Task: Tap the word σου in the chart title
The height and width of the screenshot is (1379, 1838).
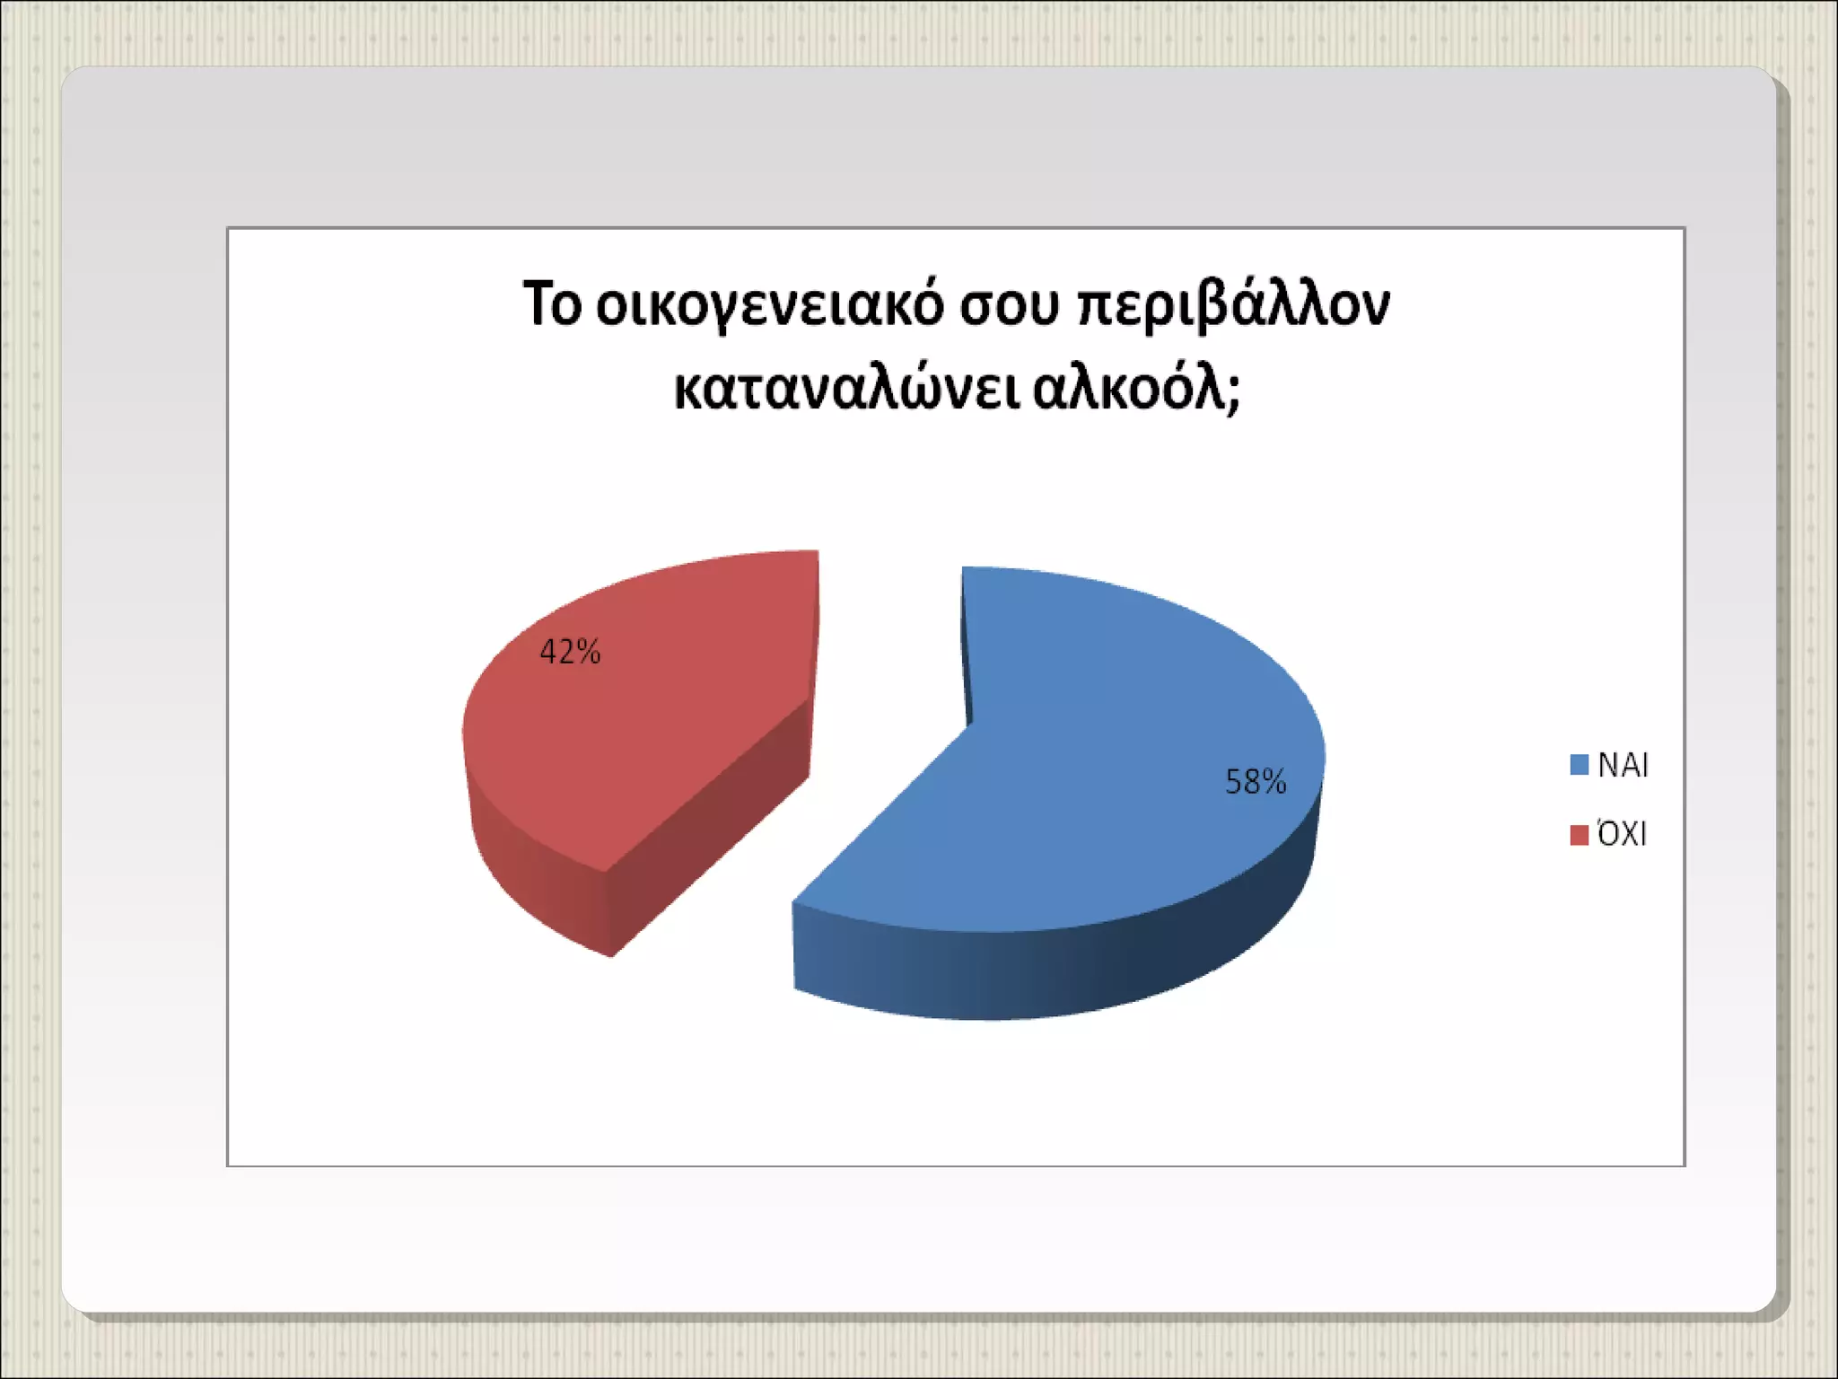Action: (1011, 307)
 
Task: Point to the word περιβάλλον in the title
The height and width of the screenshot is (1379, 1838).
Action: (1233, 307)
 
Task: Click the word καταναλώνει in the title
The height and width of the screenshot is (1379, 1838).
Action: (846, 390)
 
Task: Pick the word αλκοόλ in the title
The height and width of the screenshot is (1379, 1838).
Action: (1129, 390)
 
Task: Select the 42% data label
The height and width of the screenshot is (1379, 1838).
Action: (570, 652)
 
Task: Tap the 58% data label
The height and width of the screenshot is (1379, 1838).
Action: (1256, 782)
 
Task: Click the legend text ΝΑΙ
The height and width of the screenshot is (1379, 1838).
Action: (1624, 765)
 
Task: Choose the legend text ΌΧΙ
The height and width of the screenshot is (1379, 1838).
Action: (1622, 835)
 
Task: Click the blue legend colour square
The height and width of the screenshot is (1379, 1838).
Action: (1580, 765)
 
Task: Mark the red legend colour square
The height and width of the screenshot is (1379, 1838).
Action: (1580, 835)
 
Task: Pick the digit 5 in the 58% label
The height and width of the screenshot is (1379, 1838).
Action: (1234, 782)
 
